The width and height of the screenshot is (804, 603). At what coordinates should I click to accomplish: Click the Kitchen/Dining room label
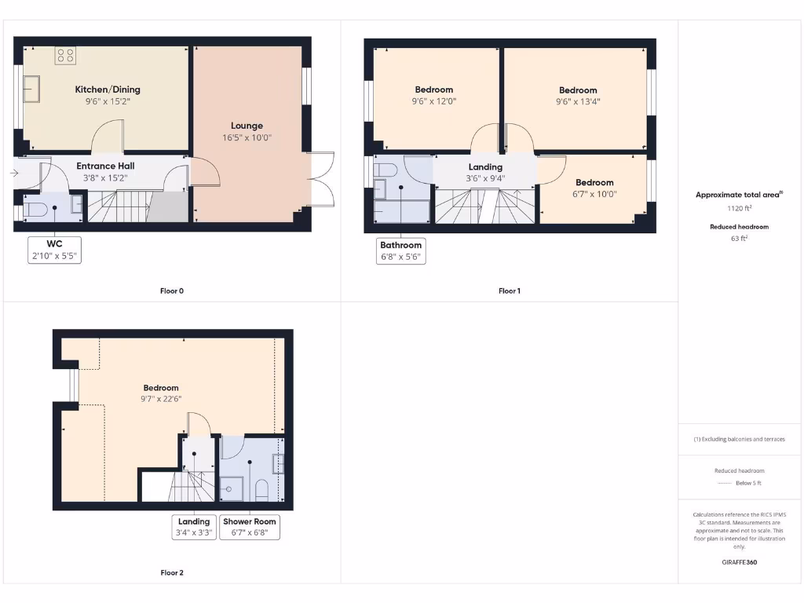click(108, 90)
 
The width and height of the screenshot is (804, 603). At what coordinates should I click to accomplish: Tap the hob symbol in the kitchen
click(66, 55)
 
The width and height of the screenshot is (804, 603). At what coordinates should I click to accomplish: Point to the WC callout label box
click(54, 250)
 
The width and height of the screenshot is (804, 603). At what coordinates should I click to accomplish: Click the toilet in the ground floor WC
click(35, 209)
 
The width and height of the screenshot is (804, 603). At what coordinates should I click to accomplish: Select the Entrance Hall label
click(105, 166)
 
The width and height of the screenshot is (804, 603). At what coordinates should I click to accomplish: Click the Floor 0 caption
click(172, 291)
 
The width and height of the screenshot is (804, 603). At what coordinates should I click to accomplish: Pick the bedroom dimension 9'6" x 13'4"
click(578, 101)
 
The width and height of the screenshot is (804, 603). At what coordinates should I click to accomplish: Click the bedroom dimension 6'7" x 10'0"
click(594, 194)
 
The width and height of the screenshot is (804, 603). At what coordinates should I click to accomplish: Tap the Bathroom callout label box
click(401, 251)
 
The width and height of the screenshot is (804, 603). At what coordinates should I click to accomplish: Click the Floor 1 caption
click(510, 291)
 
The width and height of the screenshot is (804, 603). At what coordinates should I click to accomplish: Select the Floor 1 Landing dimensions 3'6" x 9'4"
click(485, 178)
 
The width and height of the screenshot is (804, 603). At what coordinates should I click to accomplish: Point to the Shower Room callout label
click(250, 527)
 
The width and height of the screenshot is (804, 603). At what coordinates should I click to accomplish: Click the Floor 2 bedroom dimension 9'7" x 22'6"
click(161, 399)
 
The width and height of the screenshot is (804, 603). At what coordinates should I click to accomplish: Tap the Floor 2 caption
click(172, 573)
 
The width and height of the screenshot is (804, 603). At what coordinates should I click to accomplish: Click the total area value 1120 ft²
click(739, 209)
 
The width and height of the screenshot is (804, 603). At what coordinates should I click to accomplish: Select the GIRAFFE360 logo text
click(740, 562)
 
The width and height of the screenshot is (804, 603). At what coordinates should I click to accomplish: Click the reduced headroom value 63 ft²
click(739, 238)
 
